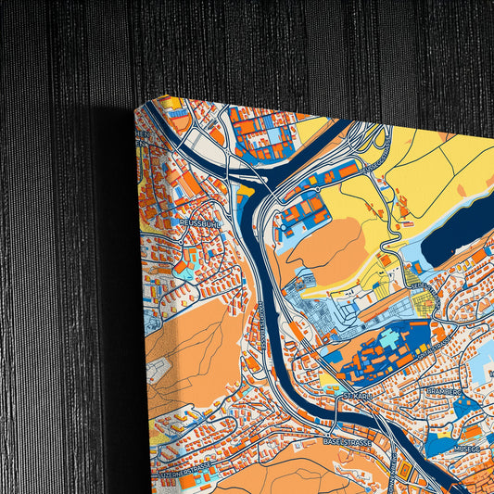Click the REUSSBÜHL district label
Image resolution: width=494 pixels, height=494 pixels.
[198, 222]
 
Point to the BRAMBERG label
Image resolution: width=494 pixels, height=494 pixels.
[443, 391]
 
